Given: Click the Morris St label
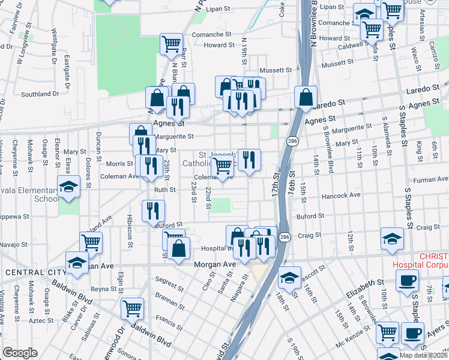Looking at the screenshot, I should point(120,164).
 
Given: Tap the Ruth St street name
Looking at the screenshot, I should point(165,190).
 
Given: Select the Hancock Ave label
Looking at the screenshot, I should point(342,195).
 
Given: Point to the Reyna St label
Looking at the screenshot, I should point(103,289).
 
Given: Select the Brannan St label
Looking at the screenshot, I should point(169,296).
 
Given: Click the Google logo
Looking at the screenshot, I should point(20,353).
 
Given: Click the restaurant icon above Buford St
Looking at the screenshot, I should point(153,210).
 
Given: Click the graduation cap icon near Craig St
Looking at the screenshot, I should point(392,238).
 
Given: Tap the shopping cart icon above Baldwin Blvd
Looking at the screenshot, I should point(133,308).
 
